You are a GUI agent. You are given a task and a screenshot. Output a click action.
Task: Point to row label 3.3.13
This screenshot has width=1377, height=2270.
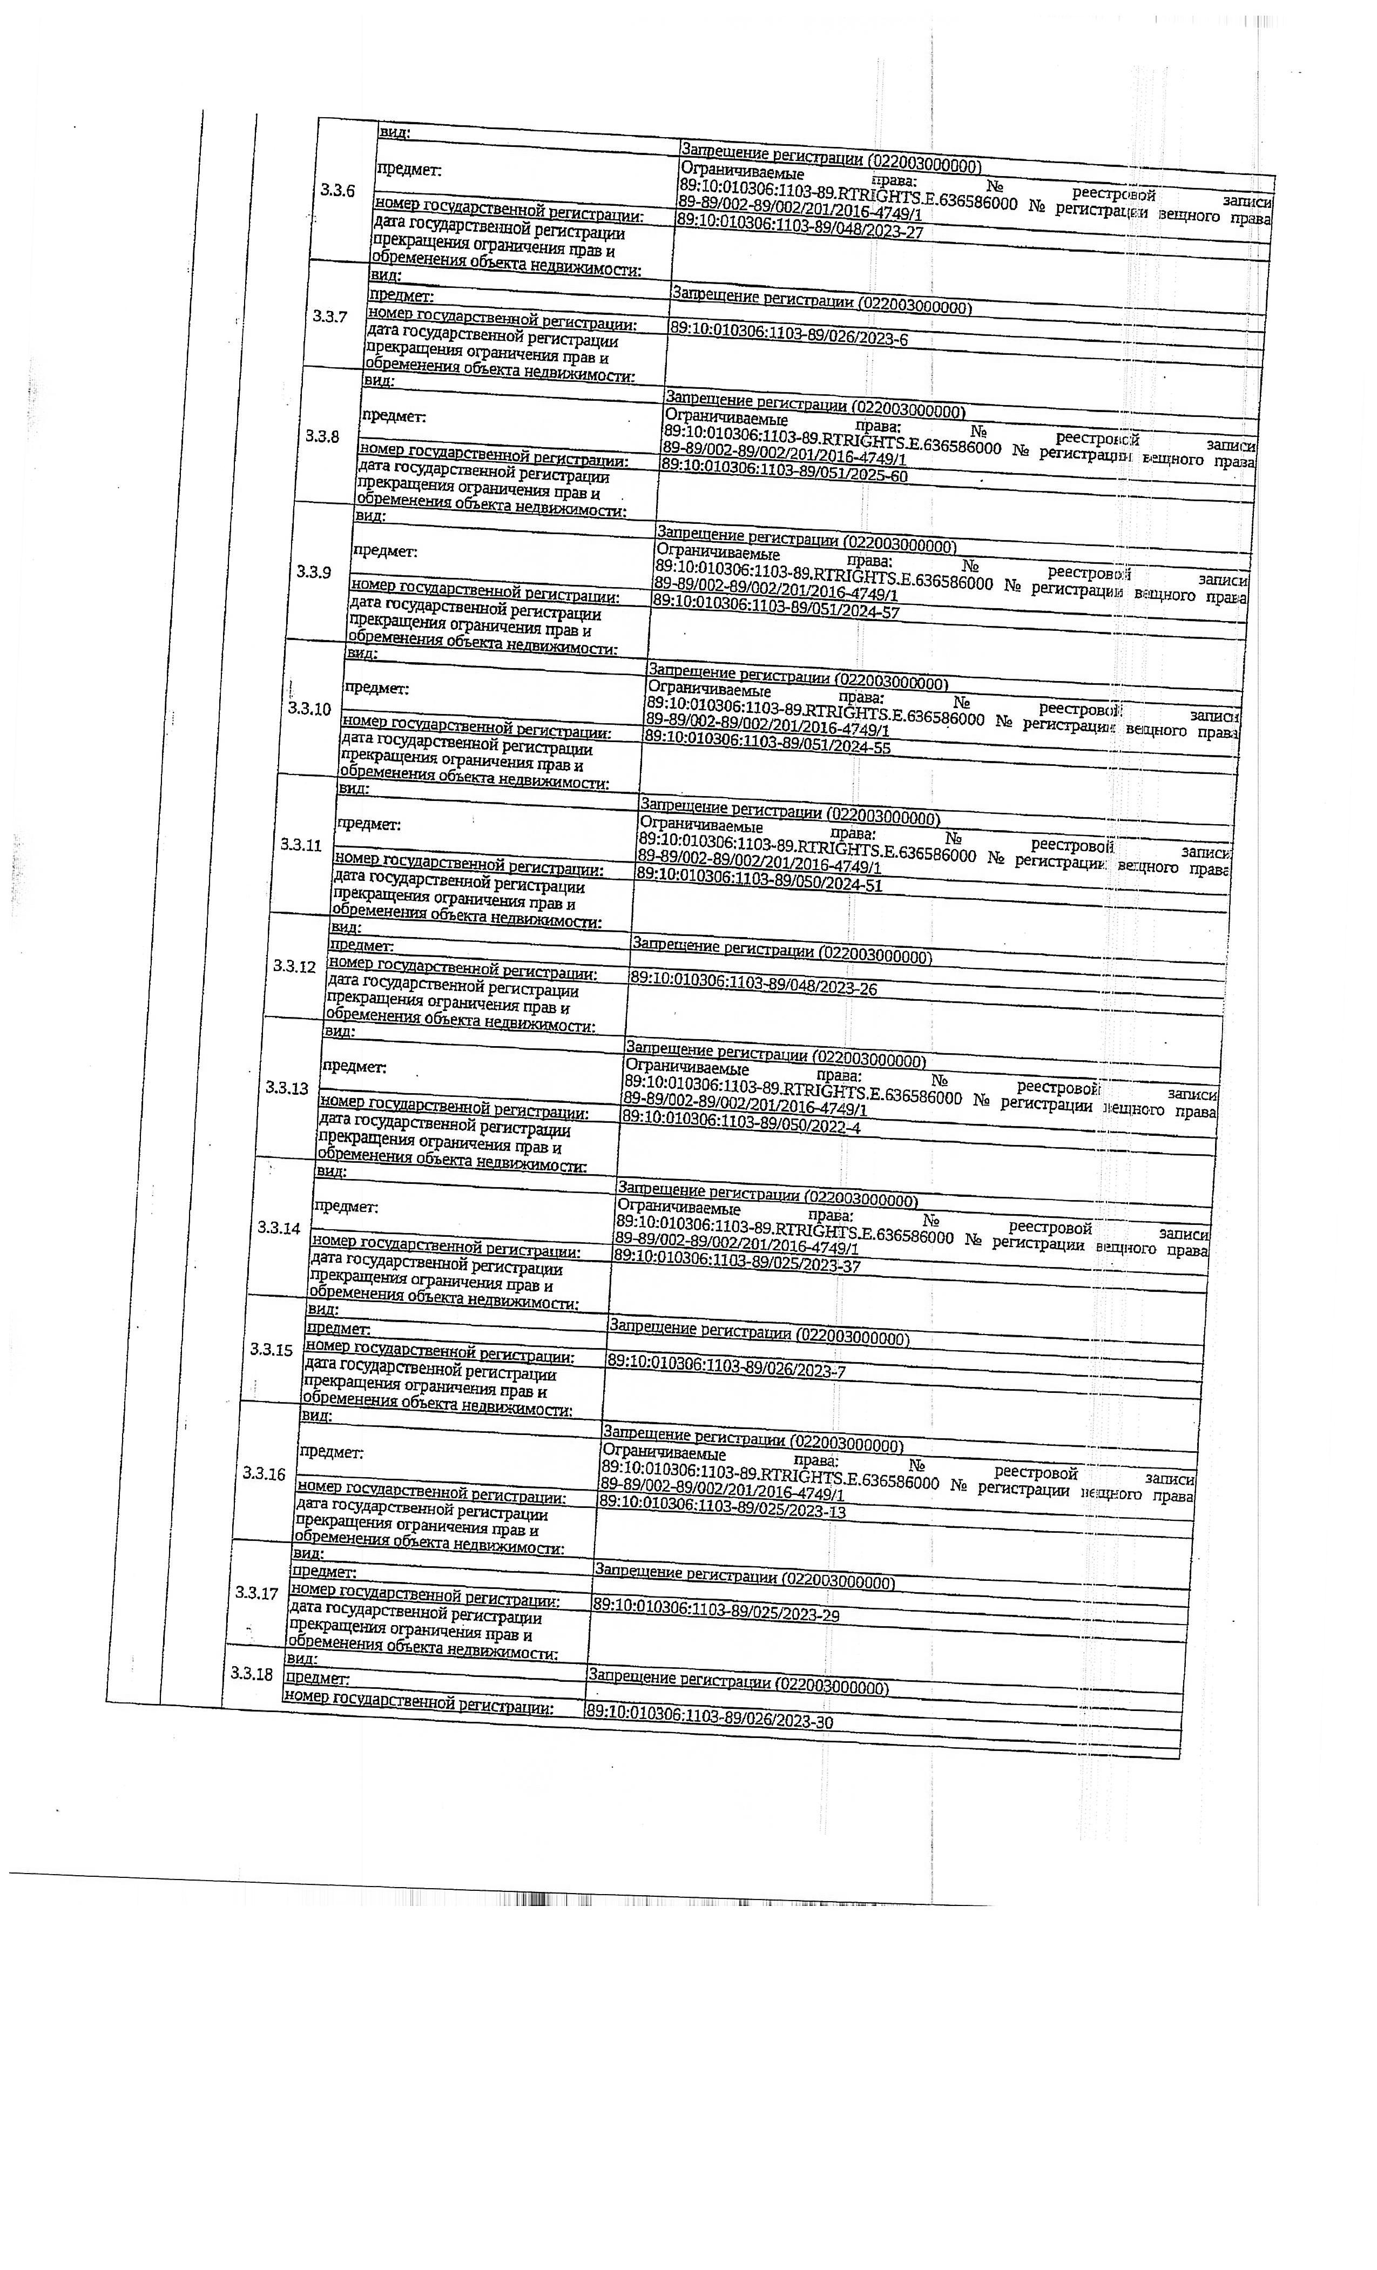pyautogui.click(x=286, y=1087)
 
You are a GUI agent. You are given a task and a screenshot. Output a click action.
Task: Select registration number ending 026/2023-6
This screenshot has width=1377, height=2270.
pyautogui.click(x=788, y=333)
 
